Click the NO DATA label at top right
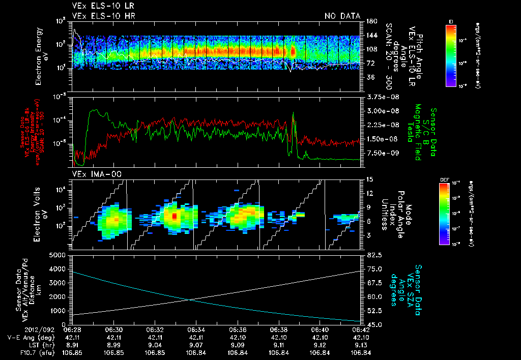click(x=342, y=16)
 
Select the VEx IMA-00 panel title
click(x=92, y=175)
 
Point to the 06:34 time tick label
click(x=196, y=329)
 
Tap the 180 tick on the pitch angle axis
click(x=370, y=21)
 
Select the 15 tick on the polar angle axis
click(x=369, y=179)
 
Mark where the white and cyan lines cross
click(x=190, y=299)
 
